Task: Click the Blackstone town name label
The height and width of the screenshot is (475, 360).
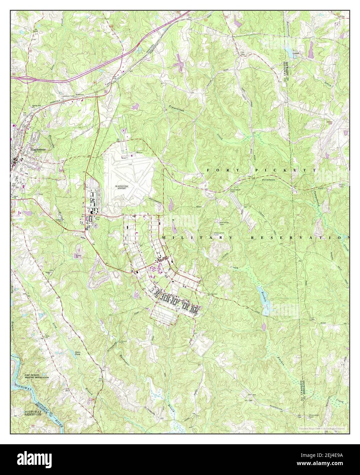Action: click(x=38, y=149)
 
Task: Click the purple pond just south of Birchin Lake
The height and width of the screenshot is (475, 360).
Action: click(x=263, y=326)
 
